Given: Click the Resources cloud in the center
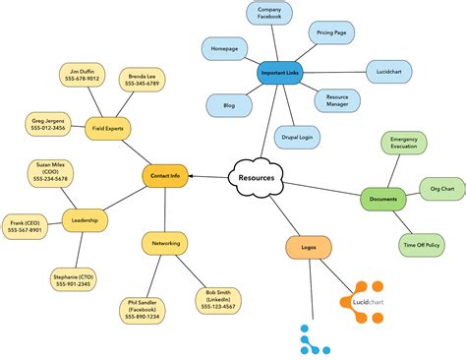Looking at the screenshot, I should [x=255, y=177].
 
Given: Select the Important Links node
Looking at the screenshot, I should [x=280, y=74].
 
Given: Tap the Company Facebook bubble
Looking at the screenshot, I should [x=269, y=14].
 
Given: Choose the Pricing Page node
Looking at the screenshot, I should [x=332, y=32].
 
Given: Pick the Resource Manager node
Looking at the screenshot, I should [x=338, y=99].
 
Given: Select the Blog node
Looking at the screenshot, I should [x=228, y=104].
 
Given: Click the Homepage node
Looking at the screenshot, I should [x=225, y=48].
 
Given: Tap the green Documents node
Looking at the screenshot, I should [x=383, y=200].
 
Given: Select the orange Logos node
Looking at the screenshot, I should [x=309, y=247].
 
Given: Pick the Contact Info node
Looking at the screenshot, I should [x=165, y=176].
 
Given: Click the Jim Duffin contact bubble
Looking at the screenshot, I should [x=78, y=75].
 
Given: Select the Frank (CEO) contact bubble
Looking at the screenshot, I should [x=27, y=225].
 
